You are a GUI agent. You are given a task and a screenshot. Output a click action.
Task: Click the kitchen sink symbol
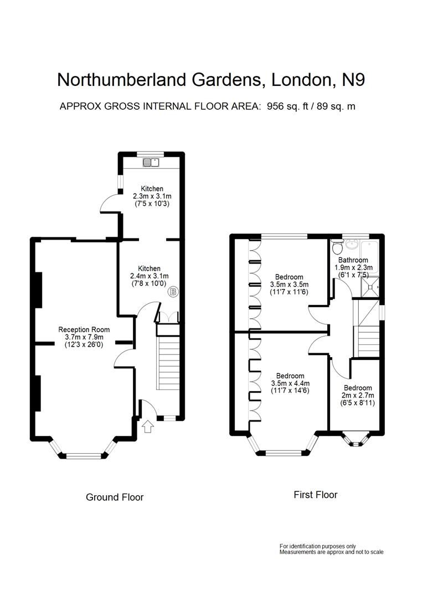coord(151,163)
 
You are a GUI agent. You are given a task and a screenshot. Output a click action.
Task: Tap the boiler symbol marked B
coord(173,291)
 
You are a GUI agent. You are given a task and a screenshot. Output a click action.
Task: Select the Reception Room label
coord(81,329)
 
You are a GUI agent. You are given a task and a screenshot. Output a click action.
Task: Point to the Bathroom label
coord(353,260)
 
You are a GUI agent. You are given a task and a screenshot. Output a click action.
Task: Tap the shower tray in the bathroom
coord(368,285)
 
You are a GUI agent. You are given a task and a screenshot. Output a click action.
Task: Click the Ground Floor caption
coord(115,497)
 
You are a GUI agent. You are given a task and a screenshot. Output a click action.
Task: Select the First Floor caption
coord(315,495)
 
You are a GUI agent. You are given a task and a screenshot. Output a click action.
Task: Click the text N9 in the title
coord(353,80)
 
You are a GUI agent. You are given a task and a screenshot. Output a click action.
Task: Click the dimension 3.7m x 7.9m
coord(81,337)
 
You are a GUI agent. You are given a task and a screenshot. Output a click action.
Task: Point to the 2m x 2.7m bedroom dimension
coord(358,395)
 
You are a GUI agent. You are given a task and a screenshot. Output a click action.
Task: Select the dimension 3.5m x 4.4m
coord(290,383)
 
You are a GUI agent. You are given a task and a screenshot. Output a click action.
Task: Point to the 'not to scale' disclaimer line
coord(331,552)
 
